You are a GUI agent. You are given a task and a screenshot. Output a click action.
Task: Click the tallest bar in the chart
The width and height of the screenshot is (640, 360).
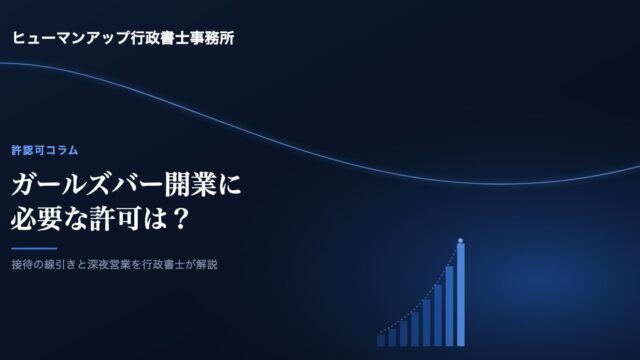(x=460, y=295)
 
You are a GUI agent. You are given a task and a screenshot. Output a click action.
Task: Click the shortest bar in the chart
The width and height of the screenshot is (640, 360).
(x=381, y=340)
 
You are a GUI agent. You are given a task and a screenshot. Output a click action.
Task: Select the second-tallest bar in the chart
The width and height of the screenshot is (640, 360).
(x=449, y=306)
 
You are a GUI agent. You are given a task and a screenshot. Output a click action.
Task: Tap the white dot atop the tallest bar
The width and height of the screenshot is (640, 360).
(x=460, y=240)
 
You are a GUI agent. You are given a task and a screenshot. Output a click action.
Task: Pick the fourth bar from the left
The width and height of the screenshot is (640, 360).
(x=415, y=329)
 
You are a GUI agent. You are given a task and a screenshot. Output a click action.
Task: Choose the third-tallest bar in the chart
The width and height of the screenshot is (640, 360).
(x=438, y=315)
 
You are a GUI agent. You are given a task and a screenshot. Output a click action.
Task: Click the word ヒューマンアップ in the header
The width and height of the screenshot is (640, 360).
(x=71, y=38)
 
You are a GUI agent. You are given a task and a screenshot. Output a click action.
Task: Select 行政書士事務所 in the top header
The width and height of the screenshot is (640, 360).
(x=182, y=38)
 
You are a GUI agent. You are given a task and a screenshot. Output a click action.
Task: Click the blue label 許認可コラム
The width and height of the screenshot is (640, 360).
(x=44, y=150)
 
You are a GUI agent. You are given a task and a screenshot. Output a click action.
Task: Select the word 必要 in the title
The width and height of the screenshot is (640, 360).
(x=37, y=219)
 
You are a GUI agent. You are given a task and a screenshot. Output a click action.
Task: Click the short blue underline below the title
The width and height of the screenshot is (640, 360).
(x=34, y=248)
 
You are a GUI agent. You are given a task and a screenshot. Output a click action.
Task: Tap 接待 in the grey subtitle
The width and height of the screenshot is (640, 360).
(x=22, y=264)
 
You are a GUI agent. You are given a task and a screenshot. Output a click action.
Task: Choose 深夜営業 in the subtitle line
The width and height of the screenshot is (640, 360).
(x=109, y=264)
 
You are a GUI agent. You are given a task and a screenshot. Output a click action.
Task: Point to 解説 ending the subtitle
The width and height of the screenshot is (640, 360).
(x=207, y=264)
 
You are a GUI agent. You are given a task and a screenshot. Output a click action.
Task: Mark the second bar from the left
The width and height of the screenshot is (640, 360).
(x=392, y=337)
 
